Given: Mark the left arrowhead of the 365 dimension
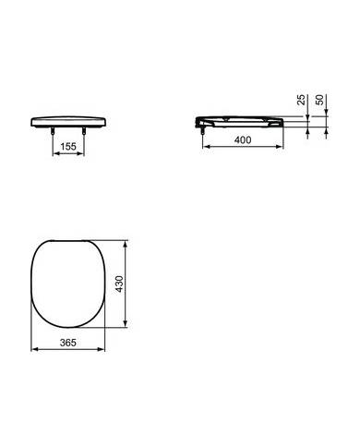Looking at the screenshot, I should tap(33, 351).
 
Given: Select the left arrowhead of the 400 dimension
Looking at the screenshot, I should tap(204, 146).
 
